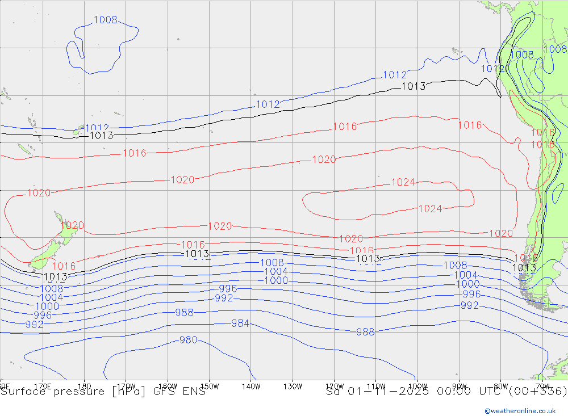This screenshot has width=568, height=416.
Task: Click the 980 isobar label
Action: [x=188, y=340]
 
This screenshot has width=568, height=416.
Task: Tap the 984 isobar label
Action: [x=240, y=323]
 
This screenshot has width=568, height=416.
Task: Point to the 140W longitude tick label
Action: [x=250, y=386]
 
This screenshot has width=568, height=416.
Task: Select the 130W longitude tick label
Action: [x=293, y=386]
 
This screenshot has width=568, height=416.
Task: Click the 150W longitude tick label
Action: [x=209, y=386]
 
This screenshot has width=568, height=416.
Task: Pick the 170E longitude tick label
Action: [x=43, y=386]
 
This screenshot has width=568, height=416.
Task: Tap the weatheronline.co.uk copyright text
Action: [x=520, y=411]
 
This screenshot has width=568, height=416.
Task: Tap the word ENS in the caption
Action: [x=194, y=391]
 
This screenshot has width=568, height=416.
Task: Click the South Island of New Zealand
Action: [x=48, y=253]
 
